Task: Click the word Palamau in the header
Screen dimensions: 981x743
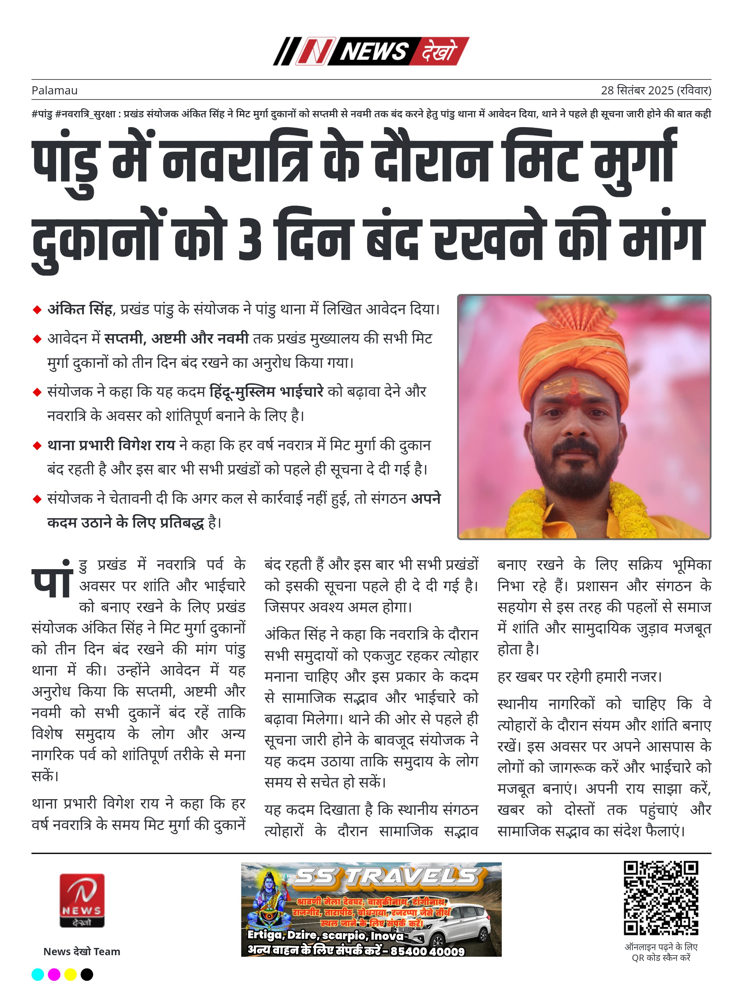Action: (54, 91)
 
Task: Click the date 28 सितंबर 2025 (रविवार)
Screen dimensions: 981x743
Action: (655, 91)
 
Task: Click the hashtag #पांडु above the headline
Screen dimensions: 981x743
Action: (42, 114)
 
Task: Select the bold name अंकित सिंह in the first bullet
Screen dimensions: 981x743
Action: (80, 309)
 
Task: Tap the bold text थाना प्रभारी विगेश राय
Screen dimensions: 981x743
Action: (111, 445)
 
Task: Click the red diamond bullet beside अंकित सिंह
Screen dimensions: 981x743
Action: (37, 310)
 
